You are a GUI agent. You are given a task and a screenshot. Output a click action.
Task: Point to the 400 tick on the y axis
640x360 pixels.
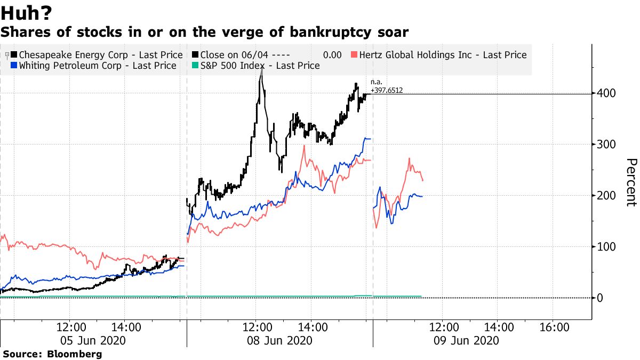pyautogui.click(x=606, y=93)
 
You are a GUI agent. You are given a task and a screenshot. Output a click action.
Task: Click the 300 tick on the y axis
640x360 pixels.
pyautogui.click(x=606, y=145)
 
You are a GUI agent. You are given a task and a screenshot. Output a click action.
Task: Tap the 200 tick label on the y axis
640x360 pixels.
pyautogui.click(x=606, y=196)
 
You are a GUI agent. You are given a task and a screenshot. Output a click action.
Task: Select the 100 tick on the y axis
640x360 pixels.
pyautogui.click(x=606, y=247)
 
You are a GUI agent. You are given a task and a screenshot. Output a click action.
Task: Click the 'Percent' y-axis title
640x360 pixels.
pyautogui.click(x=631, y=182)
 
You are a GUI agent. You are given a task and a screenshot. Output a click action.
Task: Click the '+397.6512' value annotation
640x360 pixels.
pyautogui.click(x=387, y=90)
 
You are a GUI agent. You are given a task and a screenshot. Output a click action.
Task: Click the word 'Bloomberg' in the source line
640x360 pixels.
pyautogui.click(x=75, y=354)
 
